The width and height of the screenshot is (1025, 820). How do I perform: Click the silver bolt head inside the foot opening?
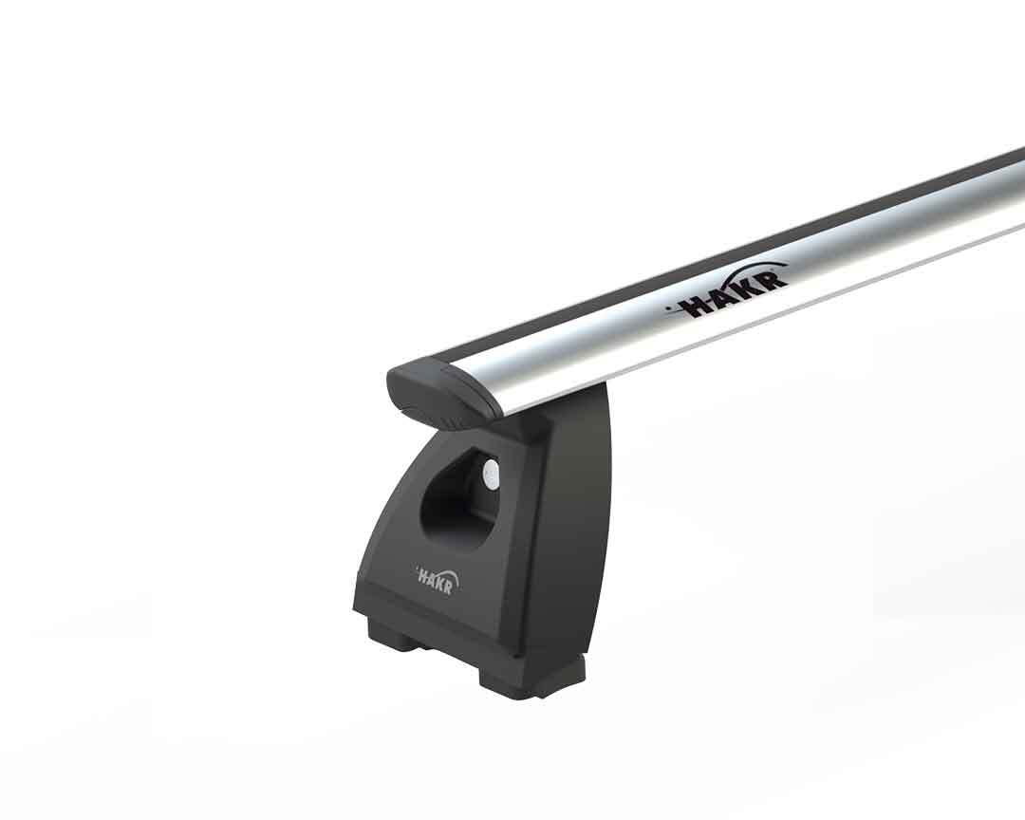point(491,475)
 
